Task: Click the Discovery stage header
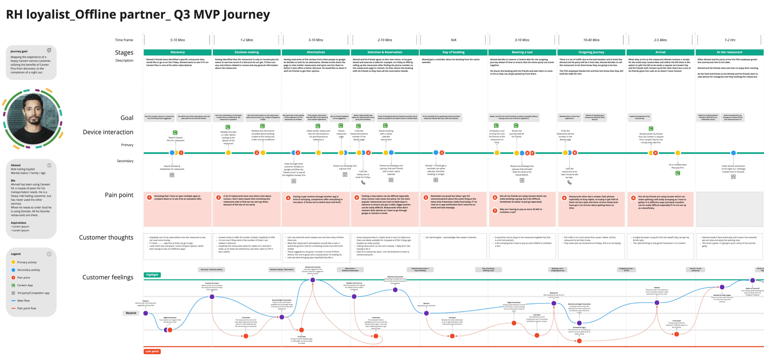tap(177, 52)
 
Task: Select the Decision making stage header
tap(246, 52)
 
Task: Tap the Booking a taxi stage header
tap(522, 52)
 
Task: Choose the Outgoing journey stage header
tap(591, 52)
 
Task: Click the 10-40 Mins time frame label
tap(591, 40)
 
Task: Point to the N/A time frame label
tap(453, 40)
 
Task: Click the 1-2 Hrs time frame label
tap(730, 40)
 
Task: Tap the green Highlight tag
tap(152, 275)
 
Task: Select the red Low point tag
tap(152, 351)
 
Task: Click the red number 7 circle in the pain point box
tap(495, 211)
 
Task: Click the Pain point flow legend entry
tap(26, 308)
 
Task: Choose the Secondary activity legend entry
tap(28, 270)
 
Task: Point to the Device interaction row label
tap(108, 132)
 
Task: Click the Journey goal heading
tap(19, 51)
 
